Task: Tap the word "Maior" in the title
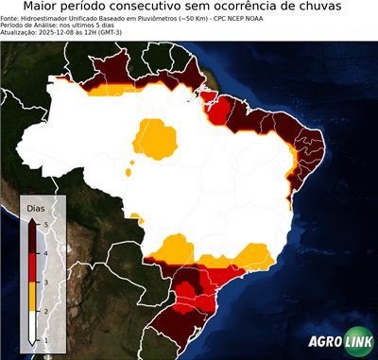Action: pyautogui.click(x=43, y=7)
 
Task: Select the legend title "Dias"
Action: pyautogui.click(x=35, y=207)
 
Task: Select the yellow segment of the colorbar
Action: pyautogui.click(x=34, y=296)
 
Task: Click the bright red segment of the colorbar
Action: pyautogui.click(x=34, y=267)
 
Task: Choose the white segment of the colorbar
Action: pyautogui.click(x=34, y=325)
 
